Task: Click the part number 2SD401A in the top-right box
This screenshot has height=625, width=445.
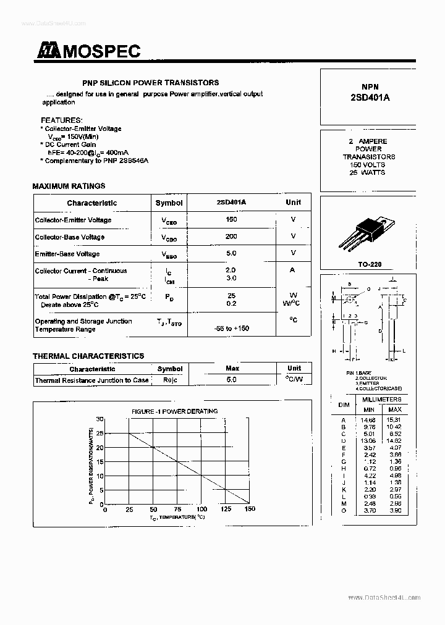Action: [x=370, y=97]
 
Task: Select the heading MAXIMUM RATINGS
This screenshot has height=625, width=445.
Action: [x=69, y=186]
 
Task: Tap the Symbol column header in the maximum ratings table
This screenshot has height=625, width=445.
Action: [x=169, y=203]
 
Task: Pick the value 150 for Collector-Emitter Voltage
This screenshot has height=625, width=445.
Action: [x=231, y=220]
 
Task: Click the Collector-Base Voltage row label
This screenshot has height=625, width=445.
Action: [x=70, y=237]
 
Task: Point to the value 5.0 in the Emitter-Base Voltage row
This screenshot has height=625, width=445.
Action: [x=231, y=253]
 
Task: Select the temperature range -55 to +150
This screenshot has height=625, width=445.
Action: [x=231, y=329]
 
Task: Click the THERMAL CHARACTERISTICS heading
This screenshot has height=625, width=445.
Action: [x=88, y=356]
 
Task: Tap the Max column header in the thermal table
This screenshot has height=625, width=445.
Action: [x=232, y=369]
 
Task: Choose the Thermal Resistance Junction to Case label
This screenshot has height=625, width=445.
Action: [x=91, y=380]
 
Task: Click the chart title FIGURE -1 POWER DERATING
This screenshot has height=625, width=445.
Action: [x=174, y=411]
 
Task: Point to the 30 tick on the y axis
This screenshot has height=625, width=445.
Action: [x=100, y=419]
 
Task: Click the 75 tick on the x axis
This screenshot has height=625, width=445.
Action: [x=177, y=510]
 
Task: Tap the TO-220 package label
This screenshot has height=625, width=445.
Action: [x=370, y=264]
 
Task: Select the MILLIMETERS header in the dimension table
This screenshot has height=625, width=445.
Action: [x=381, y=400]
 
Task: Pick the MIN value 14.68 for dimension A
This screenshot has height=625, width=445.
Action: [x=369, y=419]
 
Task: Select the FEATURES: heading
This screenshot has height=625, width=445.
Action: [x=61, y=120]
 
